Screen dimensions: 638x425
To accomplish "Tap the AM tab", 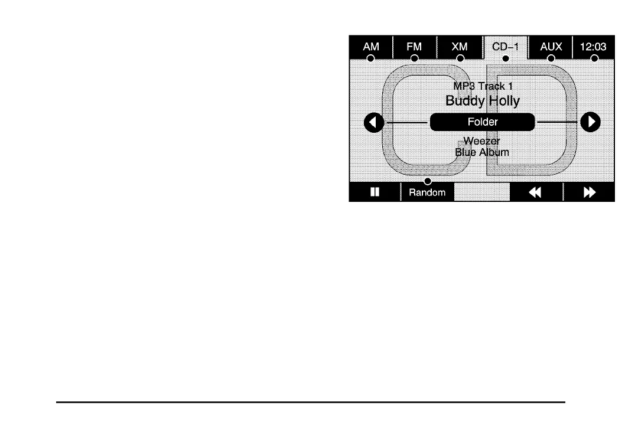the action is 370,46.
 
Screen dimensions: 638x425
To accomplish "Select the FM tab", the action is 414,46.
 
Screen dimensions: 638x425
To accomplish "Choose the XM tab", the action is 460,46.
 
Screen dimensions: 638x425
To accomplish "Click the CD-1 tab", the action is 505,46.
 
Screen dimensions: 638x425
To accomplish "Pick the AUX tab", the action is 551,46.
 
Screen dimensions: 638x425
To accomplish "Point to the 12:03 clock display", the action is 594,46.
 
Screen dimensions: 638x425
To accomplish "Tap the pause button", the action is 375,192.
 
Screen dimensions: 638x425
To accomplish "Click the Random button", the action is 427,192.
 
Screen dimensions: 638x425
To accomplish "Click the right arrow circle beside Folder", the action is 590,122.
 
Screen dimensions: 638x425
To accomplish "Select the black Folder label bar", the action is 482,122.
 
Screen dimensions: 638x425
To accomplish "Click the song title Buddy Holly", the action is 483,101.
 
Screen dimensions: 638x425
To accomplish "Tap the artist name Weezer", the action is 482,142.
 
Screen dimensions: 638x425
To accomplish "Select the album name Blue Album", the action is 482,152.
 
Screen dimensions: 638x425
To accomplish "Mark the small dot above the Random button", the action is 428,181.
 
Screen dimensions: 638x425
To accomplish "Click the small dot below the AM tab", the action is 370,58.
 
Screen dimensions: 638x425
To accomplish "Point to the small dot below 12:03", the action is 594,58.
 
